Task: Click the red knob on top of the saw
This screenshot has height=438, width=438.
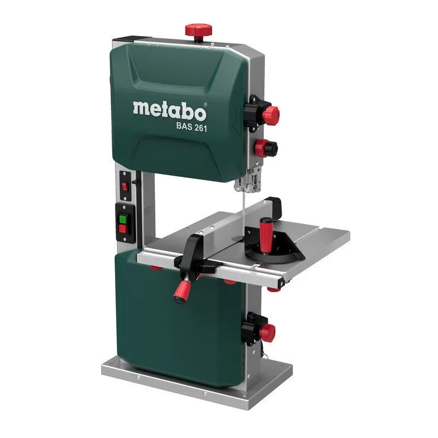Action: point(197,30)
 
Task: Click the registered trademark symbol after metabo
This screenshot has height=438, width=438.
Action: point(205,103)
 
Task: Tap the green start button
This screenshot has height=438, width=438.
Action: point(123,218)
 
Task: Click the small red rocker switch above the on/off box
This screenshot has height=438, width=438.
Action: point(124,187)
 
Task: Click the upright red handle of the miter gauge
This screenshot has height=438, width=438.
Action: point(266,234)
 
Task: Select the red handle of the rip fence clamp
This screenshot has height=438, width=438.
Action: point(182,290)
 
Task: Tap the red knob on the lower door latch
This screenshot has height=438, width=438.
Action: point(267,332)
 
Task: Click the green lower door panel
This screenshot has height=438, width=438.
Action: point(175,323)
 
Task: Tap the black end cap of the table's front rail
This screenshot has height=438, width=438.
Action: point(280,284)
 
